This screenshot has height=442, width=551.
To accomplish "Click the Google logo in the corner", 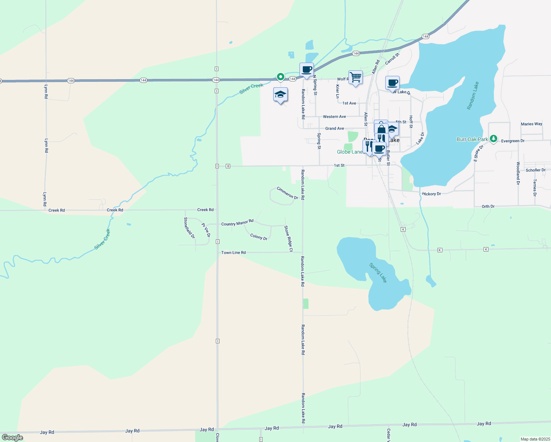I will click(x=13, y=438).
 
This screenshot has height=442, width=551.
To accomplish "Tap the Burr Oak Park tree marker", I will click(x=494, y=139).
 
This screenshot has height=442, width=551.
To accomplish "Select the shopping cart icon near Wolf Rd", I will click(x=355, y=78).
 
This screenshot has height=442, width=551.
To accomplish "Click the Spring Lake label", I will click(x=378, y=273).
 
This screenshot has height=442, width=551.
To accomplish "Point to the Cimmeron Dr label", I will click(x=287, y=193).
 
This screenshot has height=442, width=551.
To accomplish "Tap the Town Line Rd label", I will click(x=234, y=253).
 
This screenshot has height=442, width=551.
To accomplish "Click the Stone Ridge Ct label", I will click(x=288, y=239).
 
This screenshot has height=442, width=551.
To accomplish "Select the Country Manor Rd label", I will click(x=237, y=223).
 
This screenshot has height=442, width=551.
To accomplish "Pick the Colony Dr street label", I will click(x=259, y=237).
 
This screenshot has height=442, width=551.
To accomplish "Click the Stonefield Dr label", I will click(x=189, y=228).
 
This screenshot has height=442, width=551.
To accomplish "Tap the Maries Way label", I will click(x=531, y=124).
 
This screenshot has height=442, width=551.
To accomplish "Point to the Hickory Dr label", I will click(x=431, y=194).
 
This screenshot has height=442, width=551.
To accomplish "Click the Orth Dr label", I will click(x=488, y=206).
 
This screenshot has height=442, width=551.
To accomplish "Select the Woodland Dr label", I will click(x=518, y=173).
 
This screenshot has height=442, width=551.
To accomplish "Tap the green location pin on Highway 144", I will click(x=281, y=77).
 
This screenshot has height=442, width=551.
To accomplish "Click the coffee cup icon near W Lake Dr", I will click(x=392, y=83).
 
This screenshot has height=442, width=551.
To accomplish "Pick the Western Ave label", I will click(x=334, y=117).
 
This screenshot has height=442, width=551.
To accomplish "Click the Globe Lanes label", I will click(x=350, y=152).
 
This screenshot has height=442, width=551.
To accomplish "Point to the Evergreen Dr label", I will click(x=513, y=141).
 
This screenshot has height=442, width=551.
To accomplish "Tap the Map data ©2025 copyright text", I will click(x=535, y=439).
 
